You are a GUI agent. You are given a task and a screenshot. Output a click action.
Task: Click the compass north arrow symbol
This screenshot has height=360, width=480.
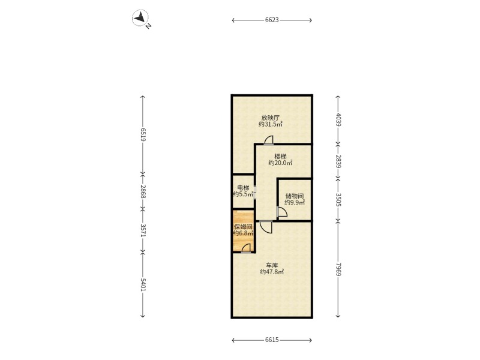pos(140,18)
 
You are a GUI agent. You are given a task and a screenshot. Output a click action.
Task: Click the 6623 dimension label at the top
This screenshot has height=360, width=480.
pos(272,20)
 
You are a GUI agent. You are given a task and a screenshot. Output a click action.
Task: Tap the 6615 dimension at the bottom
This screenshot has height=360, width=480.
pos(272,340)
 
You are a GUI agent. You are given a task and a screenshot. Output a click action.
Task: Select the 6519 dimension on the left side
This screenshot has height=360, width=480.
pos(143,134)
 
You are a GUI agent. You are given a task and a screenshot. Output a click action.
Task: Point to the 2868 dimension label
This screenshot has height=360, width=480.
pos(143,191)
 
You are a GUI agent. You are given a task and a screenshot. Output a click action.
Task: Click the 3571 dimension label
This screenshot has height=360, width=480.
pos(143,230)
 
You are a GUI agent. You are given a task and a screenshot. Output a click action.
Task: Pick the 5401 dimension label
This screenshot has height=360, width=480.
pos(143,284)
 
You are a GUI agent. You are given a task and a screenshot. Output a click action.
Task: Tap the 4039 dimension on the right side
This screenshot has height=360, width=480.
pos(338,119)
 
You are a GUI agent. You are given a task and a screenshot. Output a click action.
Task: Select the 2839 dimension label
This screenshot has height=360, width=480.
pos(338,161)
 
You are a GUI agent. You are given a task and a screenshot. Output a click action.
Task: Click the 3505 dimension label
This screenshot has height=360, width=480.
pos(338,200)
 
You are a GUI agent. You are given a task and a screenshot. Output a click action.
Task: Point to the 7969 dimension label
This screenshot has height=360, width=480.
pos(338,269)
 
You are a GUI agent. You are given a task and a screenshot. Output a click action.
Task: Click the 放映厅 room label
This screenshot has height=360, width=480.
pos(271,118)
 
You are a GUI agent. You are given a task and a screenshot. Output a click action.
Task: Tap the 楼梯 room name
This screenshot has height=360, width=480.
pos(280,157)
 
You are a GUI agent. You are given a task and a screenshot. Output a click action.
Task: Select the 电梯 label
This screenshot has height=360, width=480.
pos(244,188)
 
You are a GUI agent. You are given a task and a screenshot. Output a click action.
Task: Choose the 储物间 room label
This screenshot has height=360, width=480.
pos(294,196)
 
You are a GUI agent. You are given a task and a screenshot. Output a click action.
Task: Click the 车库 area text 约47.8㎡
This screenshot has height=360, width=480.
pos(272,272)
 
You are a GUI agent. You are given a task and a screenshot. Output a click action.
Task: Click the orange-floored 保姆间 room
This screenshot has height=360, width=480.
pos(244,231)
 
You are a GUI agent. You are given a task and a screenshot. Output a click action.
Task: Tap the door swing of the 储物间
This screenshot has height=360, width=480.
pos(282,212)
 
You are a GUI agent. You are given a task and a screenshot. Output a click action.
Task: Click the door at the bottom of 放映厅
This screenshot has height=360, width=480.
pos(269,140)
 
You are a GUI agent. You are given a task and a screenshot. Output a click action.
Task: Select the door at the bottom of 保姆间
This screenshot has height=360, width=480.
pos(246,248)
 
